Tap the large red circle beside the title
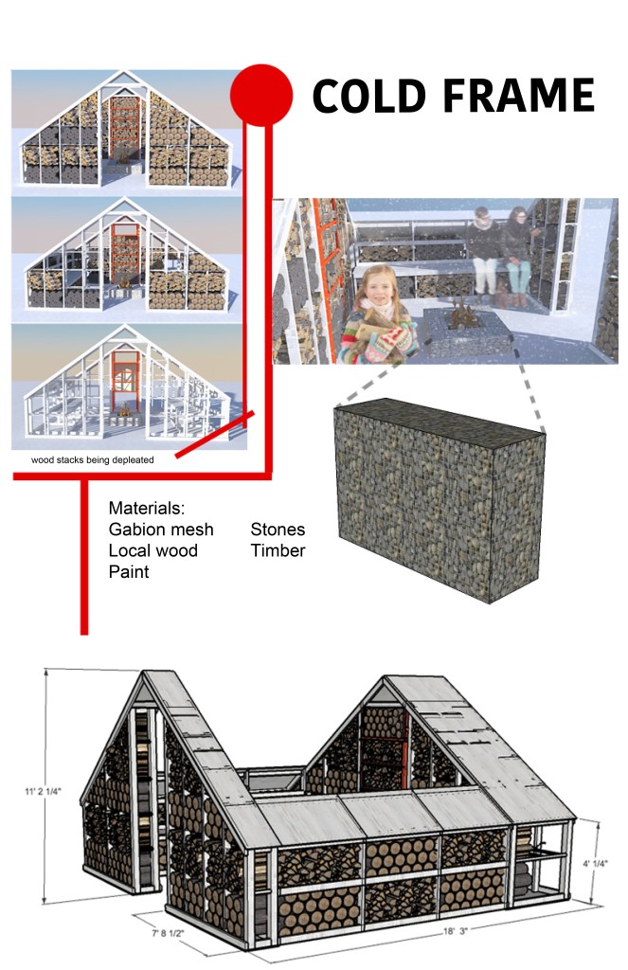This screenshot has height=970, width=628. pyautogui.click(x=261, y=95)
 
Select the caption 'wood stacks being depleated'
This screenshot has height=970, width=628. pyautogui.click(x=93, y=459)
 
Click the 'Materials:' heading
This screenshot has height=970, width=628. pyautogui.click(x=147, y=508)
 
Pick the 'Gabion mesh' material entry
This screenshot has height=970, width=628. pyautogui.click(x=161, y=530)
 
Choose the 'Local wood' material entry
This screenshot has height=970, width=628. pyautogui.click(x=153, y=550)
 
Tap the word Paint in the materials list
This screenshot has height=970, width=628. pyautogui.click(x=129, y=571)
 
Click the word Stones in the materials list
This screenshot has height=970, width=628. pyautogui.click(x=278, y=530)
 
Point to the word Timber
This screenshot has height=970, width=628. pyautogui.click(x=278, y=550)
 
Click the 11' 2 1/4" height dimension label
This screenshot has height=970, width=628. pyautogui.click(x=43, y=791)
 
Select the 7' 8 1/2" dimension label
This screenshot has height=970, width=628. pyautogui.click(x=168, y=933)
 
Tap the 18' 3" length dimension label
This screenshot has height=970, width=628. pyautogui.click(x=456, y=930)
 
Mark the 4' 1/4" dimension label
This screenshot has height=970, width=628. pyautogui.click(x=595, y=864)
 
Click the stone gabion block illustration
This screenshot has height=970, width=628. pyautogui.click(x=440, y=500)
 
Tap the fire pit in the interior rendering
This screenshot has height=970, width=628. pyautogui.click(x=464, y=328)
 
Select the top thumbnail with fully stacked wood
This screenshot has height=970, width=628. pyautogui.click(x=126, y=129)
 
